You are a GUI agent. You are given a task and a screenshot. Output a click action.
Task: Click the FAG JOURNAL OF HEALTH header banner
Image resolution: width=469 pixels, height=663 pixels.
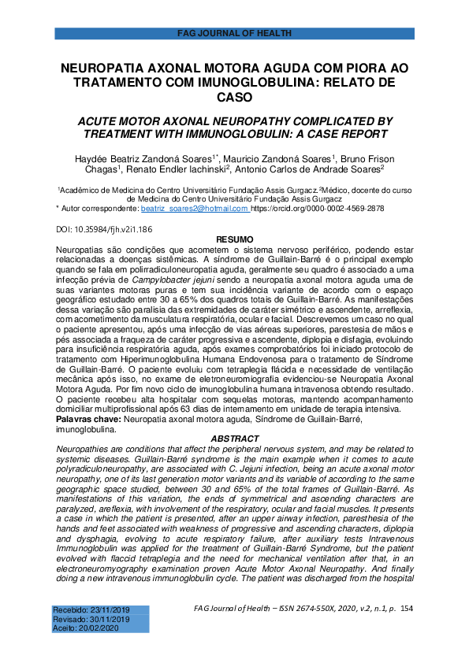tap(234, 33)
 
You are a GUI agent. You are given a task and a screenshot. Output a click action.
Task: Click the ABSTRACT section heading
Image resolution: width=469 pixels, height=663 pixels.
tap(235, 439)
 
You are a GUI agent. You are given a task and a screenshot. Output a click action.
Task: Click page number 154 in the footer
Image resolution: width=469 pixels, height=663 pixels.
tap(408, 609)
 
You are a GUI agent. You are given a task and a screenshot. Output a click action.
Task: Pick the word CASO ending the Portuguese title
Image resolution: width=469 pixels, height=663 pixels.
tap(235, 97)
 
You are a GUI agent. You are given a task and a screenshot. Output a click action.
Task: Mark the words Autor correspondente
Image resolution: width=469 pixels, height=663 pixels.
tap(98, 208)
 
